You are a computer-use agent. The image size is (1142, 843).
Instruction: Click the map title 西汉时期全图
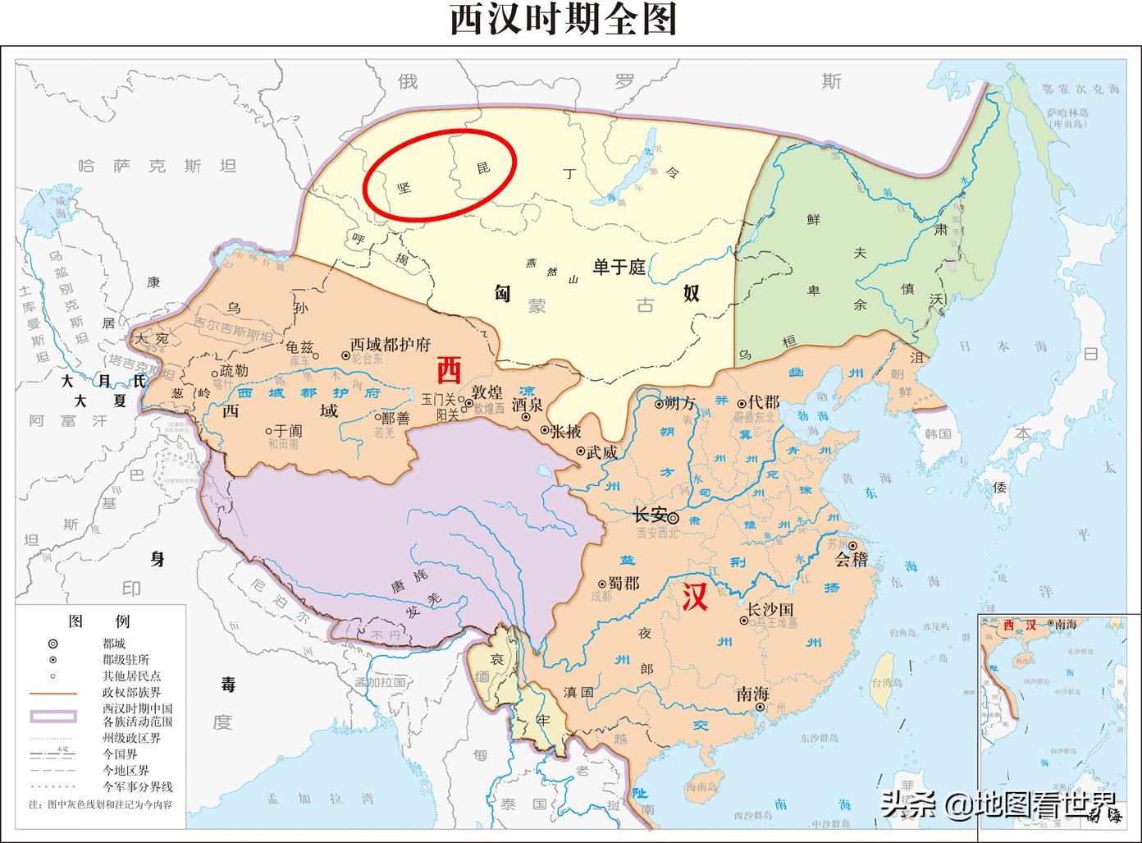[x=563, y=21]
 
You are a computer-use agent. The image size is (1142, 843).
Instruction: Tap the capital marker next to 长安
[x=674, y=518]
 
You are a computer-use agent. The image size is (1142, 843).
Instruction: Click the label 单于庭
[x=620, y=267]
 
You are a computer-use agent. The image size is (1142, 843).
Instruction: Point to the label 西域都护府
[x=390, y=345]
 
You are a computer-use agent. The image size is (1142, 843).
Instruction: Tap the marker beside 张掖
[x=544, y=430]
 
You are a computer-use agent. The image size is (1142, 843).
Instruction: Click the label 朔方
[x=680, y=403]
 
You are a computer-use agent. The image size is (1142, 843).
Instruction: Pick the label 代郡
[x=763, y=402]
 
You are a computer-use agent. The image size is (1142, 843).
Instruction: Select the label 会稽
[x=851, y=561]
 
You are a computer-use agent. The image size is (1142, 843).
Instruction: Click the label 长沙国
[x=770, y=610]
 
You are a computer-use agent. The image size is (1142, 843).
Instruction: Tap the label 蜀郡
[x=624, y=582]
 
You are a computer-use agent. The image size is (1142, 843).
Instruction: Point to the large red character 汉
[x=695, y=597]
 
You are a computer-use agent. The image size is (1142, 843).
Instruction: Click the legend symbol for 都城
[x=53, y=644]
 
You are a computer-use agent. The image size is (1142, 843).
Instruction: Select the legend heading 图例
[x=98, y=621]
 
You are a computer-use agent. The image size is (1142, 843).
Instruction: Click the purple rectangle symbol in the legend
[x=53, y=716]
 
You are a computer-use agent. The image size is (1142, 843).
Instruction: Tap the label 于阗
[x=288, y=429]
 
